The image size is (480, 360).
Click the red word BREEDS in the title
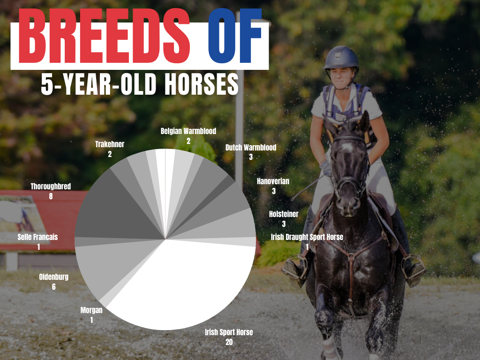(x=104, y=36)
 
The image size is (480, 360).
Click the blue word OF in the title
(x=235, y=36)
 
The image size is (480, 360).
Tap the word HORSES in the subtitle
(x=202, y=84)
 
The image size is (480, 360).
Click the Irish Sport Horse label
(x=229, y=332)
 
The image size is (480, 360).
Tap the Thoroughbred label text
(x=51, y=187)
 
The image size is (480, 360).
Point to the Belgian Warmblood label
(x=188, y=131)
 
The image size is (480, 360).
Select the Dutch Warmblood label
(x=251, y=148)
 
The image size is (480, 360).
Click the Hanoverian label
(x=273, y=181)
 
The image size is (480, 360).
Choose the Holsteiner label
(x=284, y=214)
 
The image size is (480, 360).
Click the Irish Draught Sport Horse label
(x=307, y=237)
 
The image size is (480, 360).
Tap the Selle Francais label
(x=37, y=237)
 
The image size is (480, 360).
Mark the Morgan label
(x=91, y=310)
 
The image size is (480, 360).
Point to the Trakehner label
(x=110, y=144)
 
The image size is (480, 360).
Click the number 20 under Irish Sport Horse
(x=229, y=342)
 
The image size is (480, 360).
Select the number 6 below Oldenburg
(x=54, y=287)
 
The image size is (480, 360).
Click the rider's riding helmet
(x=341, y=58)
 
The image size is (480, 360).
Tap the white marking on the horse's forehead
(x=347, y=148)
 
